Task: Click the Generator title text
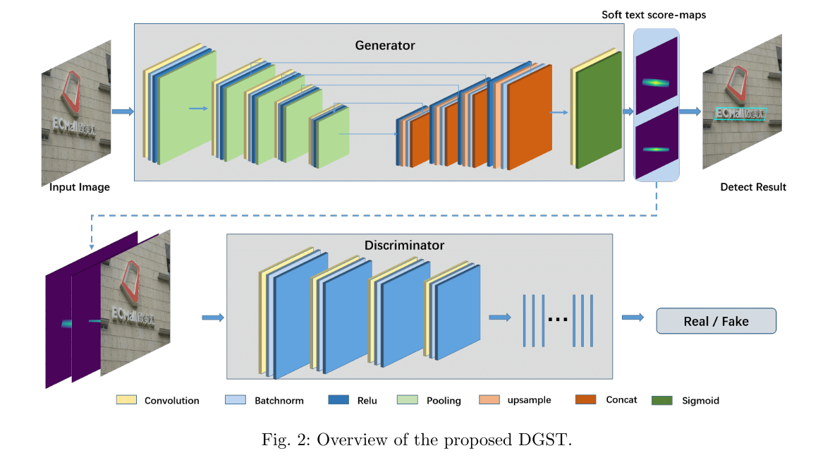384,45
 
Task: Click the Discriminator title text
404,246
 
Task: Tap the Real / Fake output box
716,321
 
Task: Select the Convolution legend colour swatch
126,400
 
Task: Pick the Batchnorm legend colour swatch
234,400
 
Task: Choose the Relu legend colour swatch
338,400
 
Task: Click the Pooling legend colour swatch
407,400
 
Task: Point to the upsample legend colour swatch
489,400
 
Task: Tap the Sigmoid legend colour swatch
662,400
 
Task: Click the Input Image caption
80,187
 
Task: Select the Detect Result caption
753,187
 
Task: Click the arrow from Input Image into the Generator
123,111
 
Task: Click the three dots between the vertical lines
558,320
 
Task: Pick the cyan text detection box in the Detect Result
740,113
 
